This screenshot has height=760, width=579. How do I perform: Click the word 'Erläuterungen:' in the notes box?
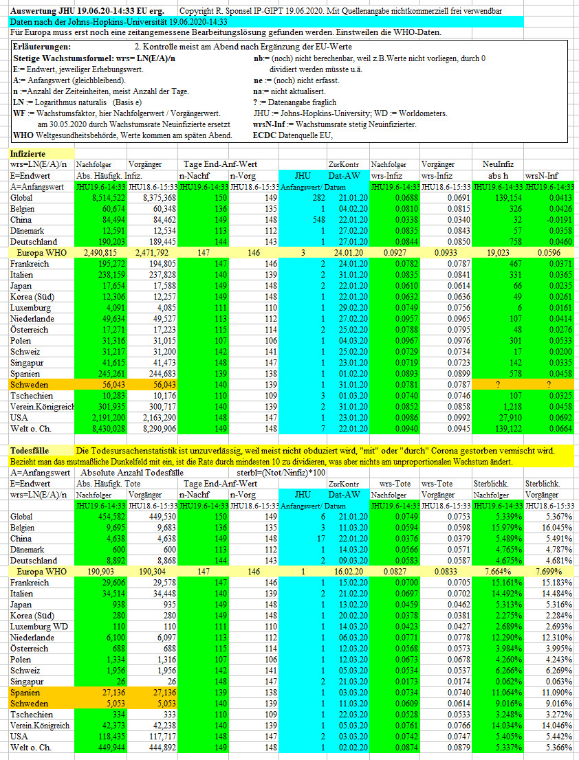coord(42,47)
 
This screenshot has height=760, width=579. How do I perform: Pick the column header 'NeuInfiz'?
coord(498,164)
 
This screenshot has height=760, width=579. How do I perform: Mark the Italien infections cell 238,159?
coord(111,275)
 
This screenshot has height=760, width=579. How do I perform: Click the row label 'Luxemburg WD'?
coord(39,627)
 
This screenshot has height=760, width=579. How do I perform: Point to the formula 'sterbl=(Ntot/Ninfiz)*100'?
coord(281,473)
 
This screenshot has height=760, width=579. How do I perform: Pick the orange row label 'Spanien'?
coord(25,693)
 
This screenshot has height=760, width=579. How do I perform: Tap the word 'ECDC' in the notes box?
coord(264,135)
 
